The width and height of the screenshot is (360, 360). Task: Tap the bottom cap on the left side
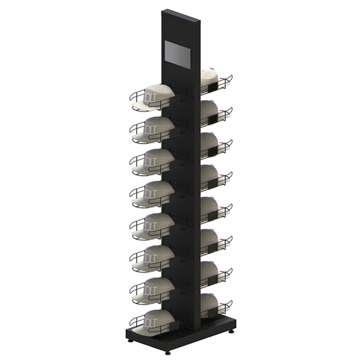(158, 319)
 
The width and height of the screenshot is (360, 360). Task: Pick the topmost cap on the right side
(209, 79)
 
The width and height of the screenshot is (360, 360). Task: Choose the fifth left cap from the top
(158, 223)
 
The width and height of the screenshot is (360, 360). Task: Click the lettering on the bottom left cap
(150, 321)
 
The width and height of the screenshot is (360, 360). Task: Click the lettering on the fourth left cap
(150, 193)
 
